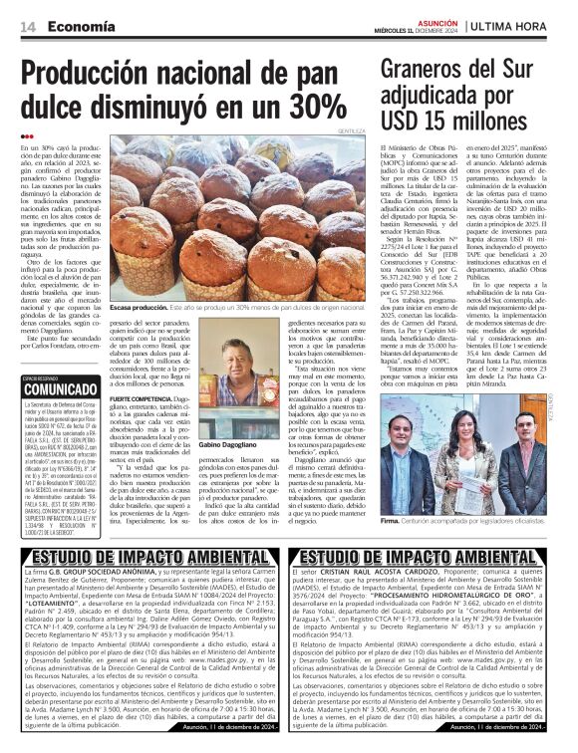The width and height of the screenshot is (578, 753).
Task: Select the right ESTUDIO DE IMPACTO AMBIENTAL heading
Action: [425, 556]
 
